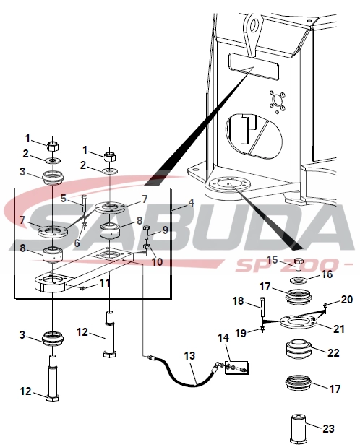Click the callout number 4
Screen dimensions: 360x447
click(x=191, y=203)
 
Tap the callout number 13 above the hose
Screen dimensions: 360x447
click(x=189, y=356)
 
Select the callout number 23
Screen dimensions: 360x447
click(x=328, y=428)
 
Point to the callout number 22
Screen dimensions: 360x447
click(x=333, y=353)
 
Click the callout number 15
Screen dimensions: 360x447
click(x=273, y=260)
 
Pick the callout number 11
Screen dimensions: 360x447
click(x=105, y=283)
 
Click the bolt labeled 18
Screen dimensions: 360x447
click(x=262, y=307)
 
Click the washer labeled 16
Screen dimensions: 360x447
click(x=299, y=280)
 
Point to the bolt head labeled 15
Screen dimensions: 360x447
click(x=299, y=263)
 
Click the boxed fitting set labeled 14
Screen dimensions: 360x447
click(x=237, y=368)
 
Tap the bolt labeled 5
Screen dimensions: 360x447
click(x=84, y=204)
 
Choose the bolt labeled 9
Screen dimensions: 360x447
click(x=146, y=233)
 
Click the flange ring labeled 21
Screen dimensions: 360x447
click(x=297, y=322)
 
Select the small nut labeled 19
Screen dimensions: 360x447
click(x=262, y=329)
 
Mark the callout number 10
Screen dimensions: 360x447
click(x=157, y=261)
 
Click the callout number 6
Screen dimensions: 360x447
click(x=77, y=243)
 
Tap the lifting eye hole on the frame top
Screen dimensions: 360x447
click(x=254, y=24)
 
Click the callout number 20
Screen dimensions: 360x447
click(x=346, y=300)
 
